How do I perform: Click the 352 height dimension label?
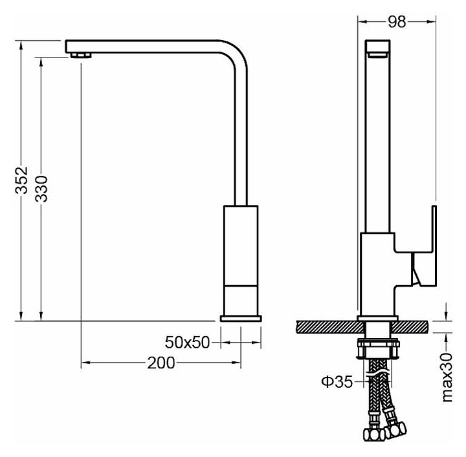tap(21, 180)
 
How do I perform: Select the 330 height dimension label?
tap(41, 189)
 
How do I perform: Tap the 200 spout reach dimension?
tap(161, 363)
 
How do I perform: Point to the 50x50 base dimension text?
tap(187, 342)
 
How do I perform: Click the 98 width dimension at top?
tap(397, 22)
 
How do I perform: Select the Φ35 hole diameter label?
tap(337, 381)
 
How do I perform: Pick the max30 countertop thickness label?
tap(447, 377)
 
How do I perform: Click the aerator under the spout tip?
tap(81, 56)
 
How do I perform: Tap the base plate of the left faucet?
tap(241, 319)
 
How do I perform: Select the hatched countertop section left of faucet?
tap(331, 327)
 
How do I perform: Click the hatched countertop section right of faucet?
tap(410, 327)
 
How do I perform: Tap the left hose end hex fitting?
tap(373, 435)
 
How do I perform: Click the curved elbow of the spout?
tap(237, 55)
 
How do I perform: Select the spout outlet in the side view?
tap(377, 55)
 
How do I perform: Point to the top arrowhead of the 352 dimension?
tap(21, 45)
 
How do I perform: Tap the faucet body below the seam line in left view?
tap(241, 301)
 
